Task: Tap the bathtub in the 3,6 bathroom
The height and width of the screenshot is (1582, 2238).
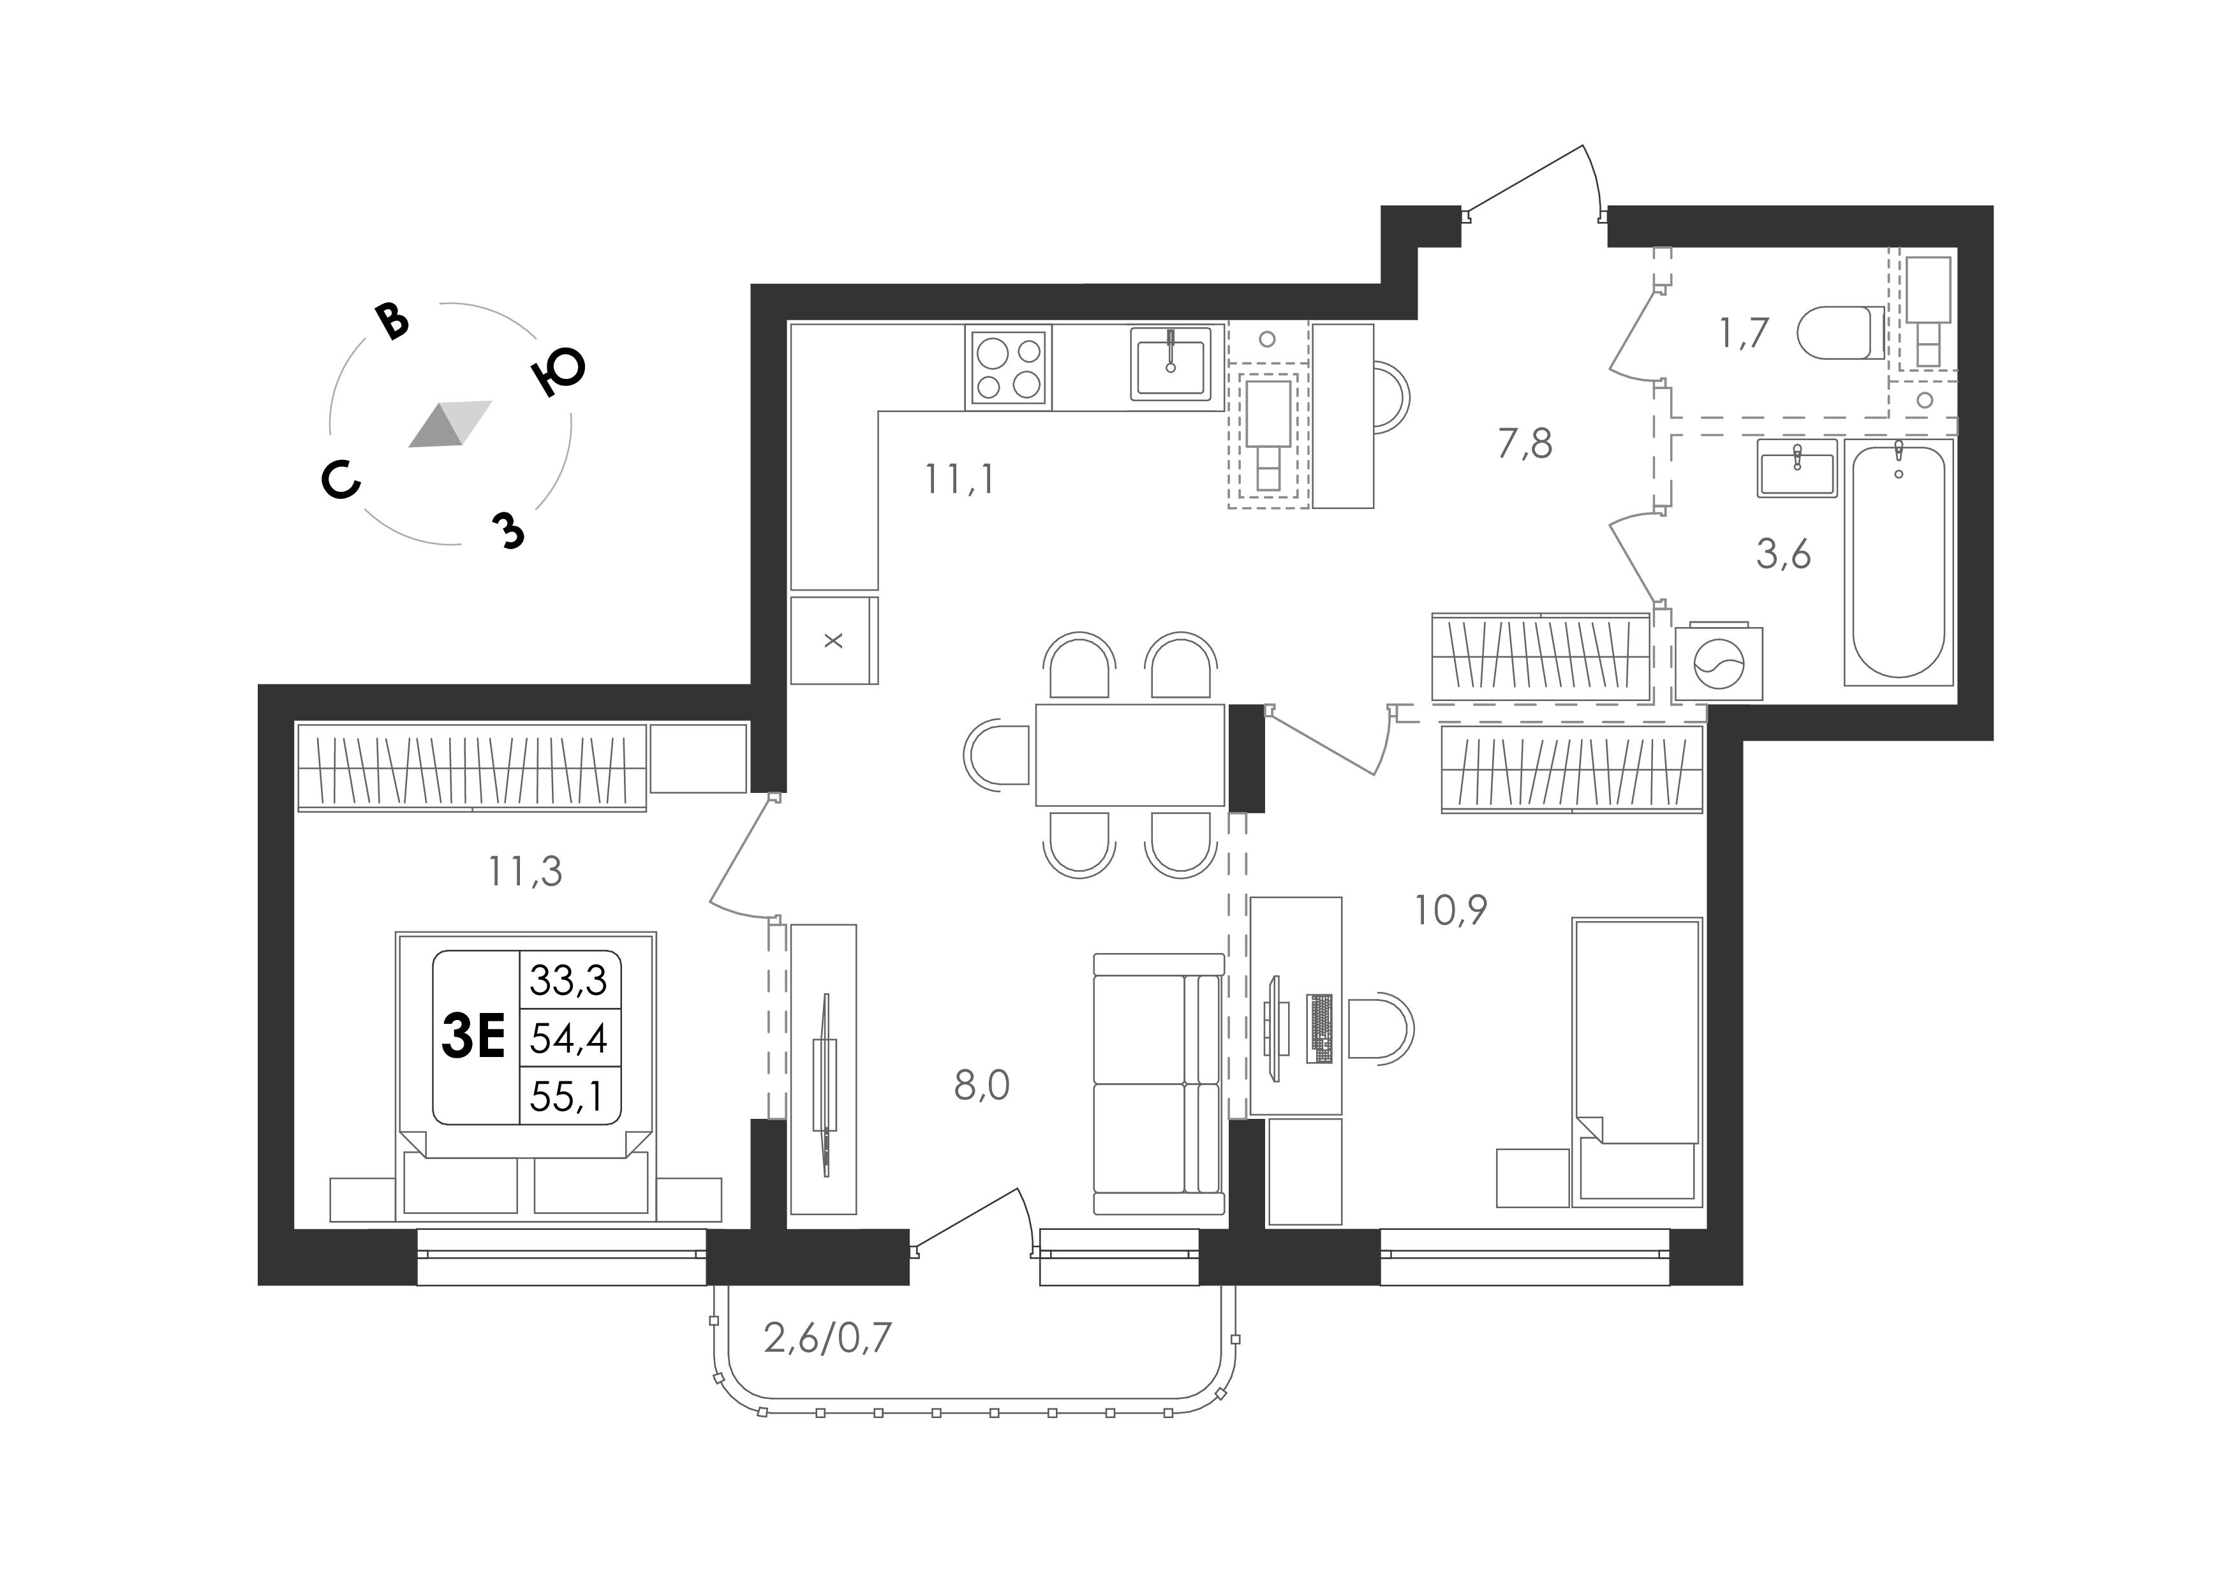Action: (1899, 561)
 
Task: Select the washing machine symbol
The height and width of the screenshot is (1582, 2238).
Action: (1719, 663)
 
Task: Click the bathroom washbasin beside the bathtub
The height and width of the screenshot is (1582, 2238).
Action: (1797, 468)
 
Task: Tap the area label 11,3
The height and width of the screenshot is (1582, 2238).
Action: (526, 871)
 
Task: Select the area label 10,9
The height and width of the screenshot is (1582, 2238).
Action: (1450, 910)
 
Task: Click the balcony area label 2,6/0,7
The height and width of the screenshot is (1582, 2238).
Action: (827, 1338)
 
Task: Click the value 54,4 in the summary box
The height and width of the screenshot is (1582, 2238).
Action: (568, 1038)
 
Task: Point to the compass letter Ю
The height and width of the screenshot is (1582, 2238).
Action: (558, 371)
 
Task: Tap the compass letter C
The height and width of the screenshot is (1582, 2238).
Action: (341, 480)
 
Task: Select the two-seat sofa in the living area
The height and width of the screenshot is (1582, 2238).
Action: (1158, 1084)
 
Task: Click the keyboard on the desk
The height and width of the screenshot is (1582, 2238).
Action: (1321, 1028)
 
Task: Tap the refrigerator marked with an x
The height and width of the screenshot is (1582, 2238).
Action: (833, 640)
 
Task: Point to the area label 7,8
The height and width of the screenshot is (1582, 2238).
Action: (1525, 443)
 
